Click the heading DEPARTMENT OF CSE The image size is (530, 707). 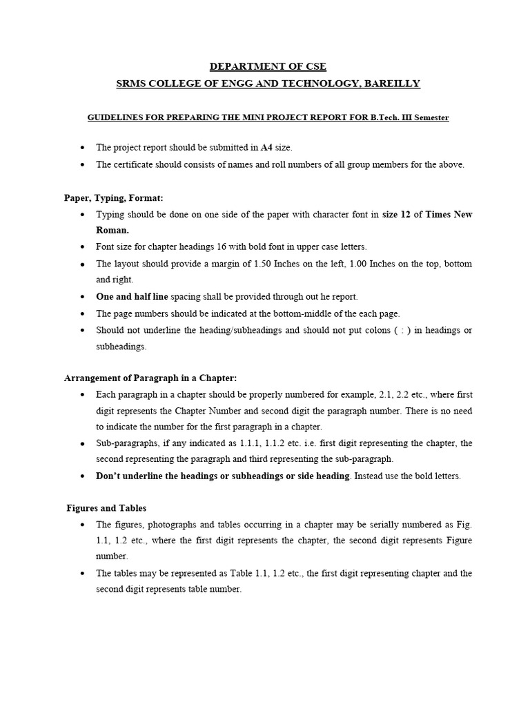pyautogui.click(x=268, y=66)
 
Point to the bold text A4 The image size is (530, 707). pyautogui.click(x=267, y=147)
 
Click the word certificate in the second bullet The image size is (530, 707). pyautogui.click(x=132, y=164)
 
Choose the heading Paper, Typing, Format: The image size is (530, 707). pyautogui.click(x=114, y=197)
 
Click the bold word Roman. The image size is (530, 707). pyautogui.click(x=112, y=230)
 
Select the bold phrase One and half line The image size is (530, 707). pyautogui.click(x=132, y=296)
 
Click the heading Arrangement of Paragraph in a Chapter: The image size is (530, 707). pyautogui.click(x=150, y=378)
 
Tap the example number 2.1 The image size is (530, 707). pyautogui.click(x=384, y=394)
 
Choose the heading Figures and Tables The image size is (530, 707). pyautogui.click(x=106, y=508)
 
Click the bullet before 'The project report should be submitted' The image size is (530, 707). pyautogui.click(x=83, y=148)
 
